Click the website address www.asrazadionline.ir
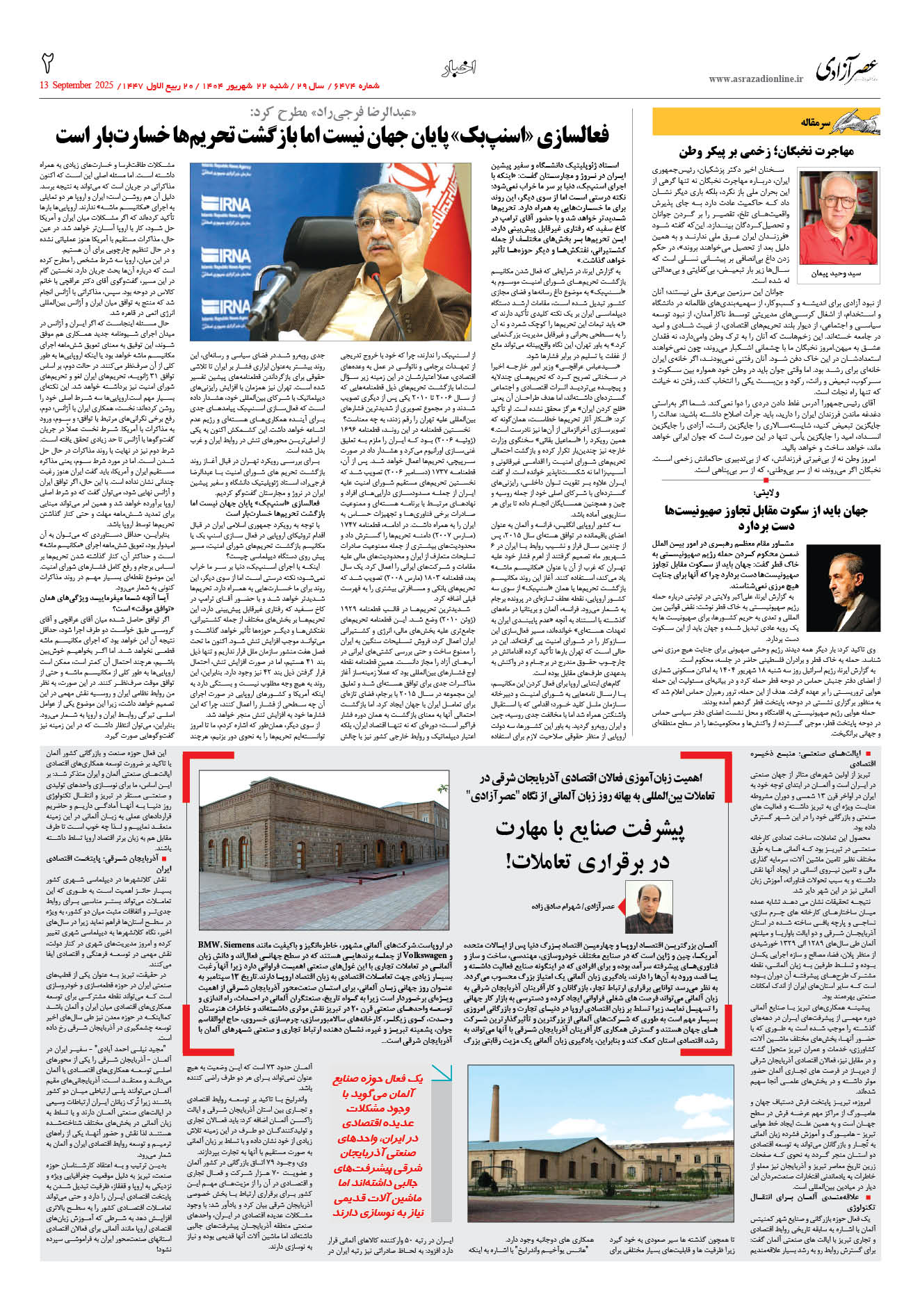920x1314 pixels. [755, 79]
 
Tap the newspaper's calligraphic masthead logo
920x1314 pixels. [846, 69]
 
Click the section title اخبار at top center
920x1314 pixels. [458, 68]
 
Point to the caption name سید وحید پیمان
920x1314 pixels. [836, 274]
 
